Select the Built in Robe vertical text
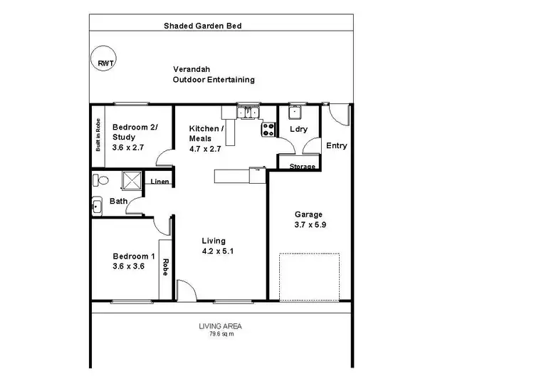point(98,135)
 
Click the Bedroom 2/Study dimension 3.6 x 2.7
point(129,147)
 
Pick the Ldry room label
point(298,129)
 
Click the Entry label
point(336,146)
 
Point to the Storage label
point(301,167)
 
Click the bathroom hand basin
point(98,207)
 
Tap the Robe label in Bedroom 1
point(165,267)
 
